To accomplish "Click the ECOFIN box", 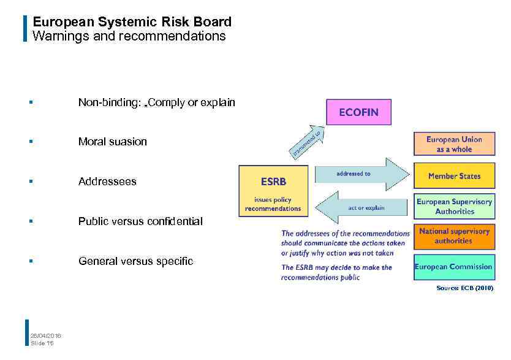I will [358, 112].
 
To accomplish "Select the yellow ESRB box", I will [273, 191].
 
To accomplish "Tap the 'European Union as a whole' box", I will [454, 145].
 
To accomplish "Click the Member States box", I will [454, 176].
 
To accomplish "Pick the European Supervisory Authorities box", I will [454, 207].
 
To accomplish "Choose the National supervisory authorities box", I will [454, 236].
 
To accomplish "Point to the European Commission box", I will [454, 267].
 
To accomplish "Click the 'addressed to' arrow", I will [361, 174].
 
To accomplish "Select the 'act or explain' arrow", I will [361, 207].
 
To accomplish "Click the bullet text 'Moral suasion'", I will [113, 142].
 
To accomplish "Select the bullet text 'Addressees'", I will [107, 182].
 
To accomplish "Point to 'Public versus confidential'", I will [140, 221].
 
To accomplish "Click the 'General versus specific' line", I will [135, 261].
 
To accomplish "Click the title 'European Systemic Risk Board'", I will [132, 23].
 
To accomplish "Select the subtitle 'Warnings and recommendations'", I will [129, 36].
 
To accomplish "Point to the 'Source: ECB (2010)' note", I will [464, 288].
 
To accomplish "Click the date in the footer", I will [46, 335].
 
